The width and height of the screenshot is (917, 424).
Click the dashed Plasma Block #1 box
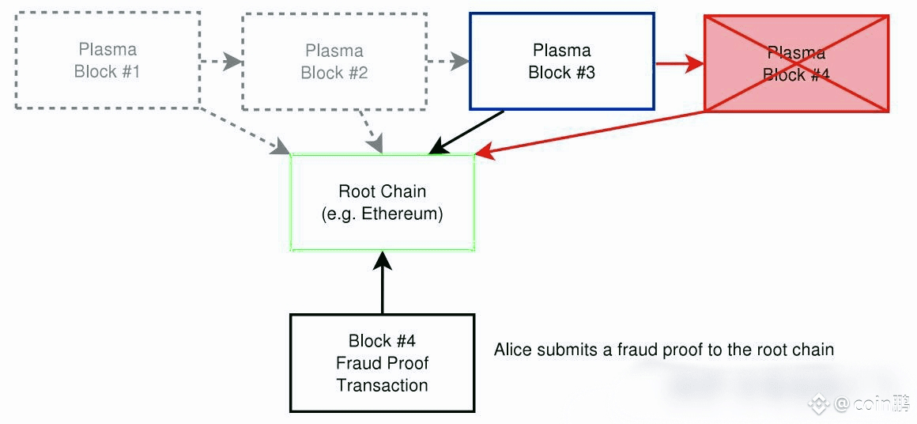pyautogui.click(x=107, y=60)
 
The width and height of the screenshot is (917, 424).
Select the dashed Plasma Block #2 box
pyautogui.click(x=334, y=61)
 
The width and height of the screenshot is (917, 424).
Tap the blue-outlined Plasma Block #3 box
pyautogui.click(x=561, y=61)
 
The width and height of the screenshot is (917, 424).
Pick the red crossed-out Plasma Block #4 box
pyautogui.click(x=796, y=63)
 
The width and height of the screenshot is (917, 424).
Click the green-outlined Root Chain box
pyautogui.click(x=383, y=203)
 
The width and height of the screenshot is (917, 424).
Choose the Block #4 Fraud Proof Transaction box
pyautogui.click(x=382, y=363)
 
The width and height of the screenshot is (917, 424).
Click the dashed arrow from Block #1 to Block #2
pyautogui.click(x=221, y=61)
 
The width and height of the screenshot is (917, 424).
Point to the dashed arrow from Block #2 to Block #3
pyautogui.click(x=447, y=61)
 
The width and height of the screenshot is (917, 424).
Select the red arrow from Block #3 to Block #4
pyautogui.click(x=679, y=63)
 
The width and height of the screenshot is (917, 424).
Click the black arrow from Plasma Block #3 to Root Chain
pyautogui.click(x=466, y=131)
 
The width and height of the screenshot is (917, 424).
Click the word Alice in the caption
pyautogui.click(x=513, y=349)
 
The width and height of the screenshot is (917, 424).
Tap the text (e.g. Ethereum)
pyautogui.click(x=383, y=214)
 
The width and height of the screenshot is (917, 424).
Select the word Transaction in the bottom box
pyautogui.click(x=382, y=385)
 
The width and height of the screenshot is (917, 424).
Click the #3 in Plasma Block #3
pyautogui.click(x=584, y=73)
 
